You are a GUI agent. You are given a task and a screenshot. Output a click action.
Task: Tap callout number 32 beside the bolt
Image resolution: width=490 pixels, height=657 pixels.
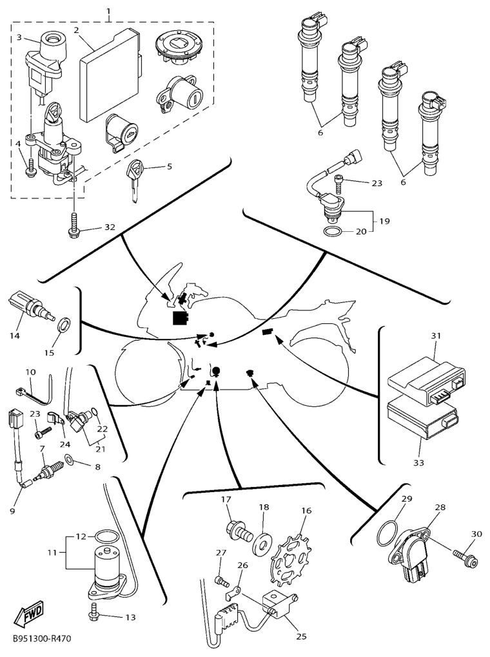click(x=109, y=227)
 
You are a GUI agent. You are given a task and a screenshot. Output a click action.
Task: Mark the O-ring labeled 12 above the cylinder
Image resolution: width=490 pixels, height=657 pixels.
click(x=105, y=536)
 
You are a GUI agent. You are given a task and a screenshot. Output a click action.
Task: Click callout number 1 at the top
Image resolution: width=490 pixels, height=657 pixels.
click(x=108, y=11)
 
